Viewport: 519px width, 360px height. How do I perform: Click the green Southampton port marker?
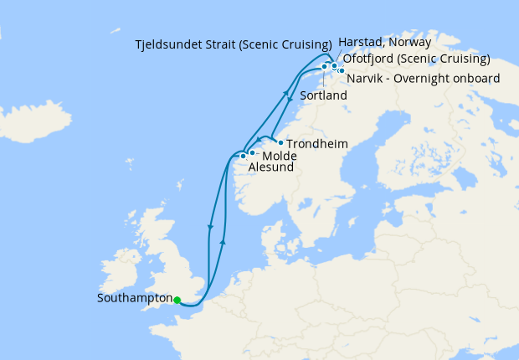pyautogui.click(x=177, y=300)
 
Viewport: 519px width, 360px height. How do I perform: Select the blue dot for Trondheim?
pyautogui.click(x=280, y=142)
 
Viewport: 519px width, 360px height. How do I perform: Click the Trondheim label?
pyautogui.click(x=316, y=144)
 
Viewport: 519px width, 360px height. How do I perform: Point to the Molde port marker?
pyautogui.click(x=252, y=152)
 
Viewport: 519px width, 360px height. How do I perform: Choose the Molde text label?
pyautogui.click(x=279, y=157)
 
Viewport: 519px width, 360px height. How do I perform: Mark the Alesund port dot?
pyautogui.click(x=243, y=156)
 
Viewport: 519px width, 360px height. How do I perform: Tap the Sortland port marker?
pyautogui.click(x=324, y=66)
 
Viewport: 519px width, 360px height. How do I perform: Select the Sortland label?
pyautogui.click(x=323, y=96)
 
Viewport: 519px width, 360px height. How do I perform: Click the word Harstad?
pyautogui.click(x=361, y=42)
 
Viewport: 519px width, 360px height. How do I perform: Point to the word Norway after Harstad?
pyautogui.click(x=410, y=42)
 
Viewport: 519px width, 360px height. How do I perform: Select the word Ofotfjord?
pyautogui.click(x=372, y=59)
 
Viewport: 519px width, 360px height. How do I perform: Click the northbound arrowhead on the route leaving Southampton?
pyautogui.click(x=223, y=240)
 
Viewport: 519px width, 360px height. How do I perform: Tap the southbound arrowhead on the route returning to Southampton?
pyautogui.click(x=210, y=227)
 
